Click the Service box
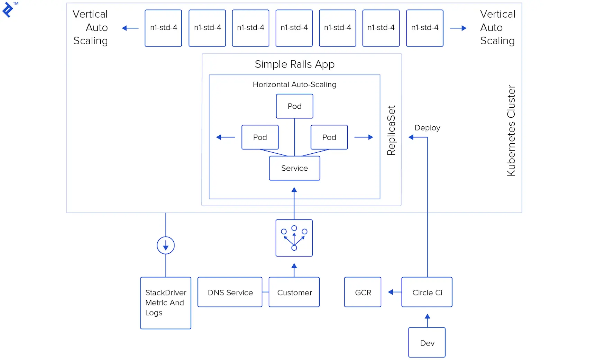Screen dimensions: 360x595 294,168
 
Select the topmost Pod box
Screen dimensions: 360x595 294,106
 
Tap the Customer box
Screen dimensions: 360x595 294,292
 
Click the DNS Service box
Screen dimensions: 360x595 230,292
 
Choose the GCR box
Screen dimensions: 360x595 363,292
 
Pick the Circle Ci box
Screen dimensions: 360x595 427,292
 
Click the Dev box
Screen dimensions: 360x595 427,343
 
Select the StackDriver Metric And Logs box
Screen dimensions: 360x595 165,303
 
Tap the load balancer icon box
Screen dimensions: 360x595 294,238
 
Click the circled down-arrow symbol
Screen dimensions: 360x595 166,245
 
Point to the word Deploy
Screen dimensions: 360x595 427,128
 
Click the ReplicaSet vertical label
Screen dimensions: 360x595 391,130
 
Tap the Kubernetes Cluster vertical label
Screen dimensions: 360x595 511,130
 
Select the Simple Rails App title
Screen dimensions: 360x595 294,64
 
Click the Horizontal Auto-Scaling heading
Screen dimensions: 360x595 294,84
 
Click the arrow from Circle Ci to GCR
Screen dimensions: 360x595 394,292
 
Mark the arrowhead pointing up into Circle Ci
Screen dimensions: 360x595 427,316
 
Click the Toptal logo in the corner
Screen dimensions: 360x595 8,9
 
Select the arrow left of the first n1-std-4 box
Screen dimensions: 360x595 130,28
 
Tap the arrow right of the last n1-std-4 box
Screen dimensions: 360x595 458,28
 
